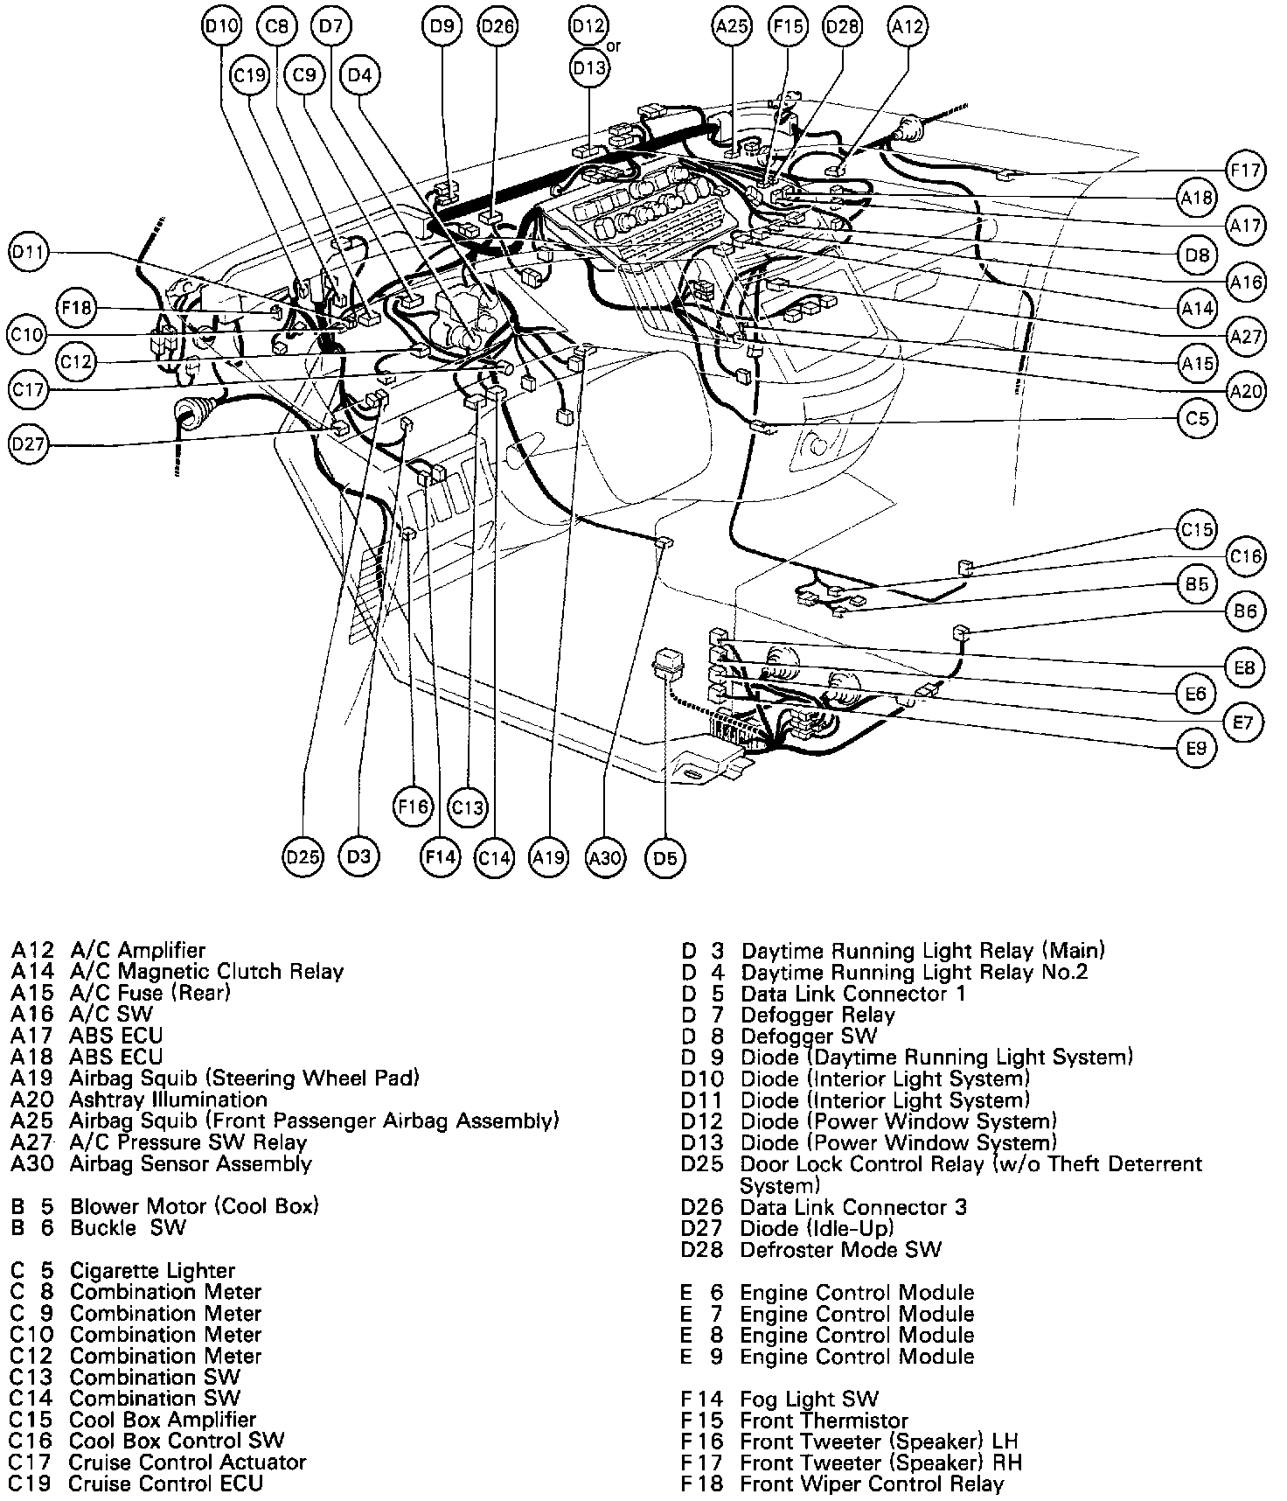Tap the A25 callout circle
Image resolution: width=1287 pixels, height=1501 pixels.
(x=731, y=27)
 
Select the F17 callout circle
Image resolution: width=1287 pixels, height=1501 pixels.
(x=1245, y=171)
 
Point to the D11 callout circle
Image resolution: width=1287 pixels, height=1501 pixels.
(x=29, y=254)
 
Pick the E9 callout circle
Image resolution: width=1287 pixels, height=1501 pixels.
(x=1196, y=749)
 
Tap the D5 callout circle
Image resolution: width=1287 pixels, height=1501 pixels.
(x=665, y=858)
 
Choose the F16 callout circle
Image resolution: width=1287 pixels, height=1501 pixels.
(x=412, y=806)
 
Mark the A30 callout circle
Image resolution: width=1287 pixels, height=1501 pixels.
(x=605, y=858)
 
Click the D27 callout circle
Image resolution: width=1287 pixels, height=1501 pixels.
(x=29, y=444)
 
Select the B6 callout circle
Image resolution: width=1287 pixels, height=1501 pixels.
(x=1245, y=611)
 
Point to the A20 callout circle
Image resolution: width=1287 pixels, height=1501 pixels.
(x=1245, y=391)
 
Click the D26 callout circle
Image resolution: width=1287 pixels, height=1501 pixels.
(x=497, y=27)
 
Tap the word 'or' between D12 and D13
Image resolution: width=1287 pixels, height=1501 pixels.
(x=614, y=45)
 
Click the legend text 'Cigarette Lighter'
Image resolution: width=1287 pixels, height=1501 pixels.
(x=152, y=1271)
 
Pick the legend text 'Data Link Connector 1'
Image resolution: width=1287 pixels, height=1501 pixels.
(x=852, y=994)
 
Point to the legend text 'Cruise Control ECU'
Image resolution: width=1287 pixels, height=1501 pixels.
(x=165, y=1484)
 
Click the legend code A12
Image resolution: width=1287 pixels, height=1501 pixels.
(x=32, y=950)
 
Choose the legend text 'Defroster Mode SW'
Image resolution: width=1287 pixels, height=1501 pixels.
(x=840, y=1250)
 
